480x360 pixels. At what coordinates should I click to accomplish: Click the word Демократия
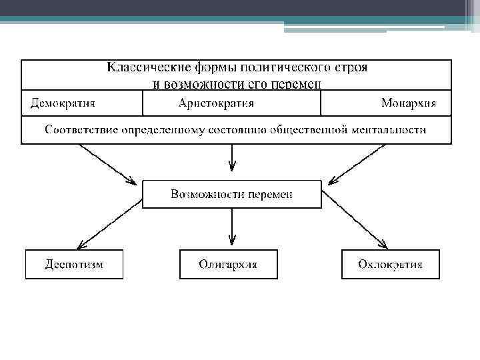pyautogui.click(x=63, y=103)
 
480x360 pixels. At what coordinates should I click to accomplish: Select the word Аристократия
pyautogui.click(x=216, y=103)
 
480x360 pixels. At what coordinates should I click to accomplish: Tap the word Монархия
pyautogui.click(x=409, y=103)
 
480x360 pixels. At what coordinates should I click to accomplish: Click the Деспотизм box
pyautogui.click(x=74, y=265)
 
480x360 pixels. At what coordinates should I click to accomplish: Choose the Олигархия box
pyautogui.click(x=228, y=265)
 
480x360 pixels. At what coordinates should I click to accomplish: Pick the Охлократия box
pyautogui.click(x=390, y=265)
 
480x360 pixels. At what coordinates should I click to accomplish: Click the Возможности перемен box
pyautogui.click(x=231, y=194)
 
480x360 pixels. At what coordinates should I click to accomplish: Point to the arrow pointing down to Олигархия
pyautogui.click(x=231, y=227)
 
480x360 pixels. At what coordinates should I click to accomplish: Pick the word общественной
pyautogui.click(x=313, y=129)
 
